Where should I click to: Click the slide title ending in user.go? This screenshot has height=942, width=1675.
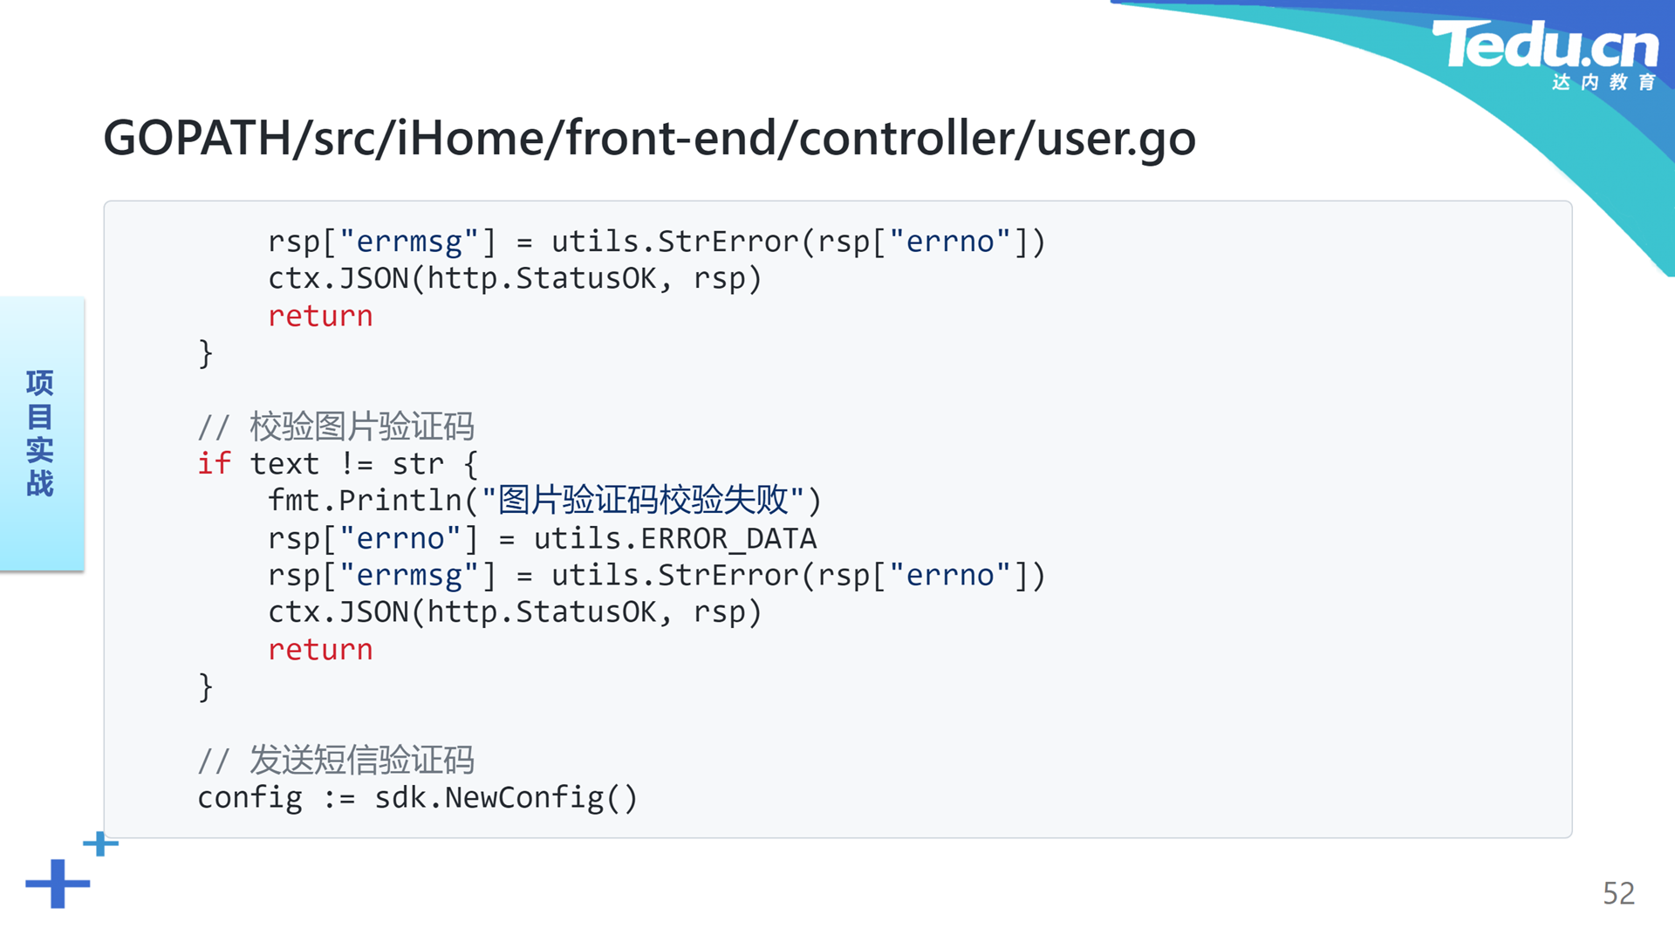point(649,138)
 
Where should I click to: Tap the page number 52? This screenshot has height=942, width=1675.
point(1618,893)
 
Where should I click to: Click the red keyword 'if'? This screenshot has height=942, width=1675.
point(215,464)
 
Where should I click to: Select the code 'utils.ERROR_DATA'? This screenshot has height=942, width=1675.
point(675,538)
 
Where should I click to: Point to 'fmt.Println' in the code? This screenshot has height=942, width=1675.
point(365,501)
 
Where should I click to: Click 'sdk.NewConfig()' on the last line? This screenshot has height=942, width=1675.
point(506,798)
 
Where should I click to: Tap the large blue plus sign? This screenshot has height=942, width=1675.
point(58,884)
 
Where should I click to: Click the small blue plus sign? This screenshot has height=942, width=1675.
point(100,843)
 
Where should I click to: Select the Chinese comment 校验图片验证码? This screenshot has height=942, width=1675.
point(361,427)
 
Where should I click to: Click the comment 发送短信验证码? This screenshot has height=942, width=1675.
point(361,760)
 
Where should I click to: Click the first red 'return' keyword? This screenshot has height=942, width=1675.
point(320,317)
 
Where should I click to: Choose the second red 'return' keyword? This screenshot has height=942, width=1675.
point(320,650)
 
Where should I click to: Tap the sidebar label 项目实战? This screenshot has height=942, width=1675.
point(40,433)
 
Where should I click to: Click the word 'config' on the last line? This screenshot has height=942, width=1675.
point(250,798)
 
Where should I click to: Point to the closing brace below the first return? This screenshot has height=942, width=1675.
point(206,353)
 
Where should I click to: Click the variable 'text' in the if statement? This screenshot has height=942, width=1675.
point(284,464)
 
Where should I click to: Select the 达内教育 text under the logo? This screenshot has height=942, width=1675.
point(1603,82)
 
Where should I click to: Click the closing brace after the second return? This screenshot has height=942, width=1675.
point(206,687)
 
